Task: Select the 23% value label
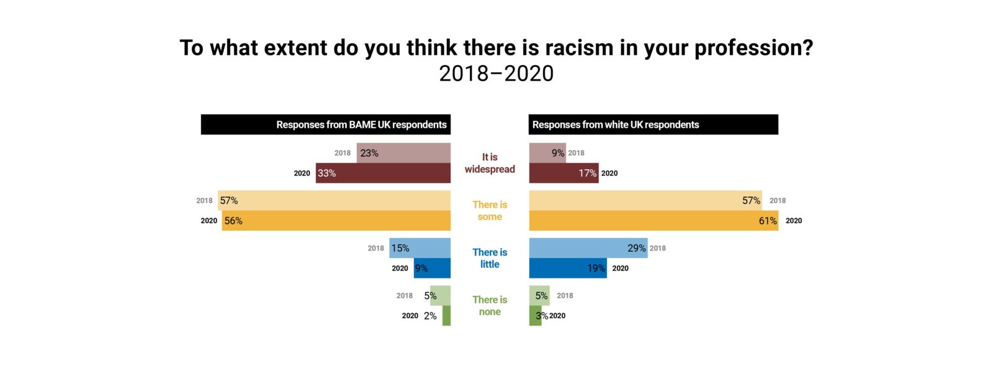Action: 369,153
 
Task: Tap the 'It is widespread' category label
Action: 490,163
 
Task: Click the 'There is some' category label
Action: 490,211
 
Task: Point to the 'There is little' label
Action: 490,258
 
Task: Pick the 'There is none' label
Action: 490,306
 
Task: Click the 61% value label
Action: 768,221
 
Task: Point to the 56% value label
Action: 233,221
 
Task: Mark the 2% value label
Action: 430,316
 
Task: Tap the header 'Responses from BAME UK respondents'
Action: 361,125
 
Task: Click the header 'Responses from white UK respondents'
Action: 616,125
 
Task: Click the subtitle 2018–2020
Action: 496,74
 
